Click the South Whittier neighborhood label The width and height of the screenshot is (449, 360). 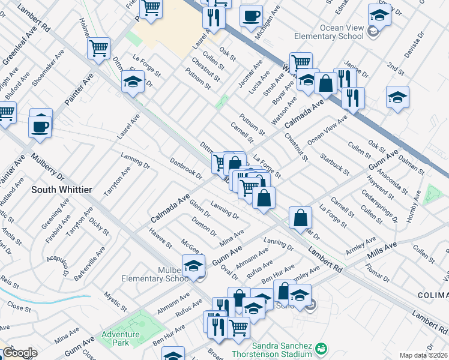[x=61, y=190]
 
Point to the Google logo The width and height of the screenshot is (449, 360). [x=19, y=353]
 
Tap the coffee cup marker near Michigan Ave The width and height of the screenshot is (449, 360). [x=251, y=16]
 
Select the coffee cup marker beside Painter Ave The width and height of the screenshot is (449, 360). [x=40, y=127]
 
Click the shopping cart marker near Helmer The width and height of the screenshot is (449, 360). [x=98, y=47]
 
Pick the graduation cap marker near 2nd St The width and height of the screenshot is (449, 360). [x=397, y=97]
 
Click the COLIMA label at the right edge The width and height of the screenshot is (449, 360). [x=435, y=295]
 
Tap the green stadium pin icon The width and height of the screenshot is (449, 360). [x=322, y=348]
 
